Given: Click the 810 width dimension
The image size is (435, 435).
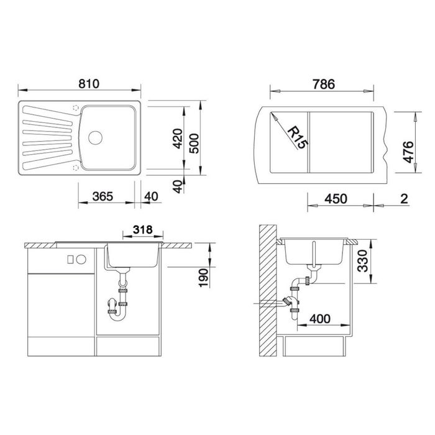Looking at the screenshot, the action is point(89,84).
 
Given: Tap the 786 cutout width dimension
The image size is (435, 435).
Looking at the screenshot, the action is point(324,85).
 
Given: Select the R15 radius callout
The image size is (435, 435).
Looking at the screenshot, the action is point(298,137).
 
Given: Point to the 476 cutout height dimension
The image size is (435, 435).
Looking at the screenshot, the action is point(408,152).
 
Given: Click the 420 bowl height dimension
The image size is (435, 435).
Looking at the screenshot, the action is point(178,139).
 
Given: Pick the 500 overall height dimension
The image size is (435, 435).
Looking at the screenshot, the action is point(194,144).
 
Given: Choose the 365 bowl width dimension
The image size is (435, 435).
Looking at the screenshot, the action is point(103,196).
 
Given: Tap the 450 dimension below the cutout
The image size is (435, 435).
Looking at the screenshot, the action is point(336,199).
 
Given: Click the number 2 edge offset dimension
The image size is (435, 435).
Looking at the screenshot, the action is point(404,199).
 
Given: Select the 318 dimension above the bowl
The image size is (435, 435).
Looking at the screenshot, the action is point(143,230).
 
